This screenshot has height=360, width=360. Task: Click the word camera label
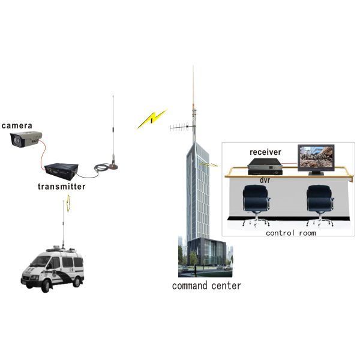[17, 125]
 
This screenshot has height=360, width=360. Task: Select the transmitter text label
[61, 187]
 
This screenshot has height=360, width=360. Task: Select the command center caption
[206, 286]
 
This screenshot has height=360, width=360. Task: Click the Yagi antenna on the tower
[181, 128]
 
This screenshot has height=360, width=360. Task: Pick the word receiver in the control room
[265, 152]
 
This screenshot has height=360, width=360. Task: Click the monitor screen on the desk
[318, 157]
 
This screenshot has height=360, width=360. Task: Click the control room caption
[290, 232]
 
